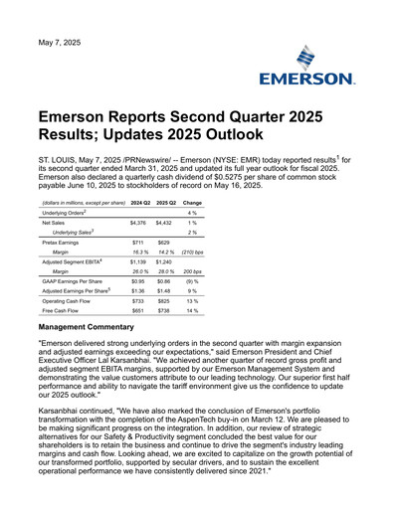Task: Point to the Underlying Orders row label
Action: [66, 213]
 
